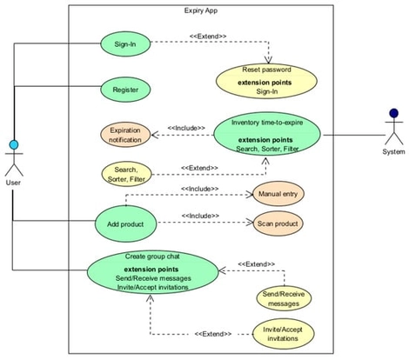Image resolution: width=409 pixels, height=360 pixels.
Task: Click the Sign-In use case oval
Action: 125,43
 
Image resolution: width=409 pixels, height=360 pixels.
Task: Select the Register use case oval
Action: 125,89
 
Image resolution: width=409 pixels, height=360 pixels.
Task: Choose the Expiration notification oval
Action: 125,135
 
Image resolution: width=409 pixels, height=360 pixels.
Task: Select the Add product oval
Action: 125,223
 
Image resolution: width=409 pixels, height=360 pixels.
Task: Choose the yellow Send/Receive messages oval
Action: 283,298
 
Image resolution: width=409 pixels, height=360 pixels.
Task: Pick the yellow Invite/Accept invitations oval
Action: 283,333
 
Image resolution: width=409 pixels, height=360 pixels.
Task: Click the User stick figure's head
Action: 13,144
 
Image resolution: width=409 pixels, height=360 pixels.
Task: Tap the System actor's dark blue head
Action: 393,113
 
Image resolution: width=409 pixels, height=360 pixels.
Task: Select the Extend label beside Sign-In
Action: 208,37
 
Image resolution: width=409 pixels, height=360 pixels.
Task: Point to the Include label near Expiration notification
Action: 185,128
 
